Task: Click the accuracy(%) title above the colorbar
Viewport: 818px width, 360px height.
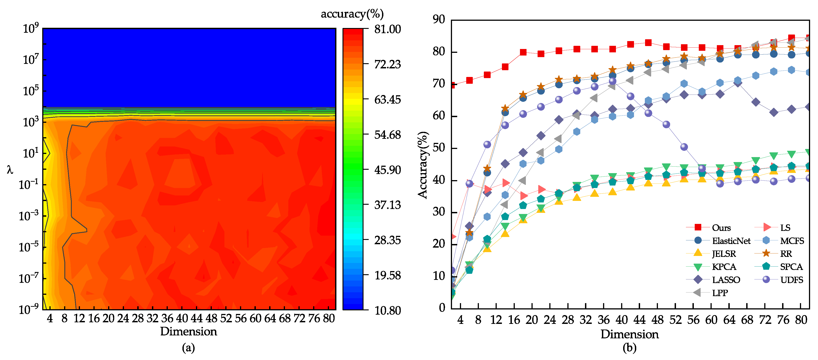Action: coord(352,14)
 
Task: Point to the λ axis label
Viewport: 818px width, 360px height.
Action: coord(10,170)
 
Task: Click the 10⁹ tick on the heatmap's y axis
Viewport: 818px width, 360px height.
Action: coord(31,29)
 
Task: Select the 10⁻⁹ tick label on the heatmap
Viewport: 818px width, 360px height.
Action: coord(29,309)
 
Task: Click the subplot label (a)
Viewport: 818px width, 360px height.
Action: coord(188,348)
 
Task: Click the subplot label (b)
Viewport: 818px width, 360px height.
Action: coord(629,348)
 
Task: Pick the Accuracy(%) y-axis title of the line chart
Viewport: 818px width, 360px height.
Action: coord(423,165)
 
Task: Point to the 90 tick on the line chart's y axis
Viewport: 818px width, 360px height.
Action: coord(439,19)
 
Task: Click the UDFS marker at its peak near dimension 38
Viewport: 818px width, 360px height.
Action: coord(612,81)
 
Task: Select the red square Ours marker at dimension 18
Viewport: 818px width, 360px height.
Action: coord(523,52)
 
